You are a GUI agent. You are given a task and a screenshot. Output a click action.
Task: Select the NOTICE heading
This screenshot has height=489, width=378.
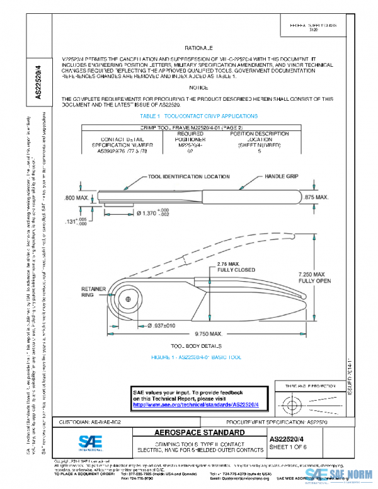tap(198, 88)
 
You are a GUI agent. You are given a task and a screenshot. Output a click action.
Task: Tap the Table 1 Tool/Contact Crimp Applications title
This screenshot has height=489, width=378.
tap(198, 116)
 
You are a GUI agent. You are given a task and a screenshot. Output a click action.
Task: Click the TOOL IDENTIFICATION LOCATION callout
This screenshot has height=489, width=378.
tap(188, 177)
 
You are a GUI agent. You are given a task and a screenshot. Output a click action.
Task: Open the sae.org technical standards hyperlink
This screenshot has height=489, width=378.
tap(195, 405)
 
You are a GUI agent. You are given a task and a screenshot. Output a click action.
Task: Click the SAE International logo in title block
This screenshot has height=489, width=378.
tap(93, 440)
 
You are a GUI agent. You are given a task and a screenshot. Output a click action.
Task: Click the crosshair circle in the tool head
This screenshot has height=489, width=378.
tap(128, 298)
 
